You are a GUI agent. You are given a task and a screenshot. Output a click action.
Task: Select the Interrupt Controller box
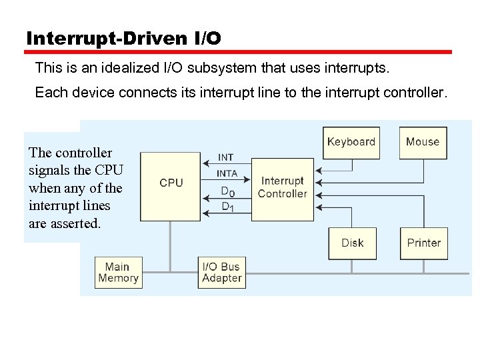tap(283, 189)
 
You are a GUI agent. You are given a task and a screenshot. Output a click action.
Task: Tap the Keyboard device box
tap(351, 143)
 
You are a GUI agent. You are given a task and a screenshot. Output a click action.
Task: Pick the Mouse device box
tap(423, 143)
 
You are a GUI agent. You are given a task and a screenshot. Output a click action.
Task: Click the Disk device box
tap(352, 243)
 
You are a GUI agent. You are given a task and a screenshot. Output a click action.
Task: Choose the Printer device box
tap(423, 243)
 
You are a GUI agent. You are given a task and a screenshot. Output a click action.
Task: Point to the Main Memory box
tap(118, 273)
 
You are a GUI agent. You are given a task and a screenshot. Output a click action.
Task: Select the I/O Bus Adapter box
tap(222, 273)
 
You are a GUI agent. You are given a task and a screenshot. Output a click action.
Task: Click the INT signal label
tap(226, 157)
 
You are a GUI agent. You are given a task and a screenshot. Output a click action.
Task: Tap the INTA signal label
tap(227, 173)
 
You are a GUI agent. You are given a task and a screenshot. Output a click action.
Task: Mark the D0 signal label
tap(227, 191)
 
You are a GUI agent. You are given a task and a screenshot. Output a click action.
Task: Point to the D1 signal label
tap(227, 207)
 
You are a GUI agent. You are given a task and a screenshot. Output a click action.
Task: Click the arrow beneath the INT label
tap(226, 165)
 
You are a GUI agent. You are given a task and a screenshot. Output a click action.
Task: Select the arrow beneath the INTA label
tap(226, 180)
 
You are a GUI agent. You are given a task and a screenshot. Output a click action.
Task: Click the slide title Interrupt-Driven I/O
tap(123, 39)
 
